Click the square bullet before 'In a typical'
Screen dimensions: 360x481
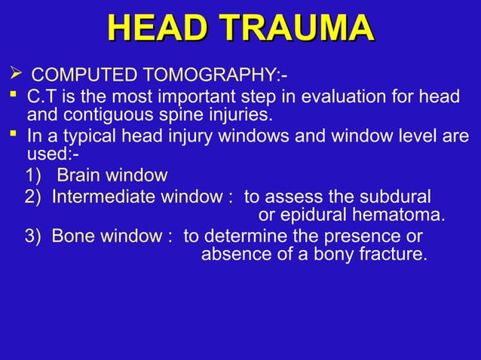pos(14,137)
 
